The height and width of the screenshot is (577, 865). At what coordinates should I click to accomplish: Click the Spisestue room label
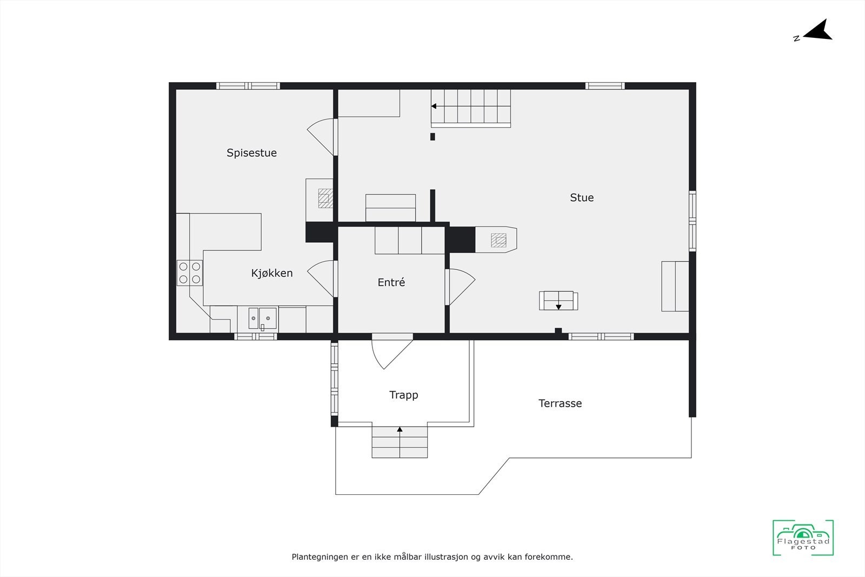(x=251, y=153)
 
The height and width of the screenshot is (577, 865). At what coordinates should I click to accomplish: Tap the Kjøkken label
(x=272, y=274)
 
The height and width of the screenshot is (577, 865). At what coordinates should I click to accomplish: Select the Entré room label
(x=391, y=282)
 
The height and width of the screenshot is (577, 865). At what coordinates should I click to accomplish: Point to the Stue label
(x=582, y=198)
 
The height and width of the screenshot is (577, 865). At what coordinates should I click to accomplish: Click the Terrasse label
(x=560, y=403)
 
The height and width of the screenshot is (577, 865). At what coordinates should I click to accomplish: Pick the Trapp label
(x=403, y=395)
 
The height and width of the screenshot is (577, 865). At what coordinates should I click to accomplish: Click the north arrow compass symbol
(x=816, y=31)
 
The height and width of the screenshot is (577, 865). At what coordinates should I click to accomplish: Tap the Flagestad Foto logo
(x=803, y=538)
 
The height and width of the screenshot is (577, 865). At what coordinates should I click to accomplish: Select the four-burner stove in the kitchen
(x=189, y=273)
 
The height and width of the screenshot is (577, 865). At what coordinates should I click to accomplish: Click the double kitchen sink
(x=262, y=319)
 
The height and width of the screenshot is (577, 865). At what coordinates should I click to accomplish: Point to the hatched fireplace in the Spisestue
(x=325, y=198)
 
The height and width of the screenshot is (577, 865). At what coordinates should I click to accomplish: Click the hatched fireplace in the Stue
(x=498, y=240)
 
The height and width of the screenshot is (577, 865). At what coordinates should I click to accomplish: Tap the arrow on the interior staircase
(x=434, y=107)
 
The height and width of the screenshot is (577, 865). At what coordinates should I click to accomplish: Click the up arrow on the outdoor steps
(x=400, y=430)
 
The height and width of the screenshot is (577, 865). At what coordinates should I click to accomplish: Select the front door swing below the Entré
(x=390, y=351)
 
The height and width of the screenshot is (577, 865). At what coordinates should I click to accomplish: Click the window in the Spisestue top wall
(x=248, y=85)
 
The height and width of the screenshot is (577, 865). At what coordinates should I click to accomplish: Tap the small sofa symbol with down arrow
(x=558, y=301)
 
